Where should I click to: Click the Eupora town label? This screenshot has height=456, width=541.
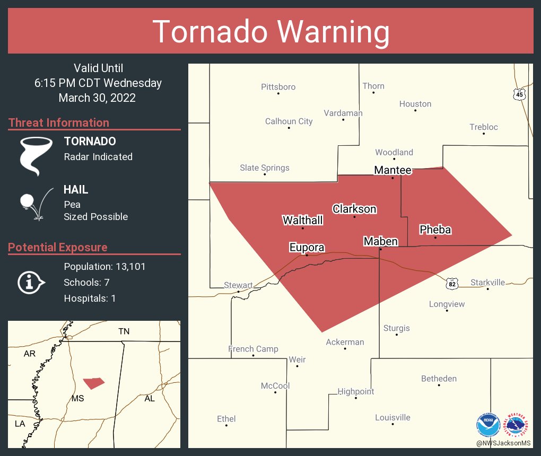[307, 247]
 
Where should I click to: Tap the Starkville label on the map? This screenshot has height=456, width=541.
[488, 283]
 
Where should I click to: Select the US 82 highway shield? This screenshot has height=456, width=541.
[452, 284]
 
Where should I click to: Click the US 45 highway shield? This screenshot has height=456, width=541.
[519, 94]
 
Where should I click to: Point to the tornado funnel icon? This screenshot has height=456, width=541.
[36, 155]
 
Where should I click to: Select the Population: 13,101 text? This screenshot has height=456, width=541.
[104, 266]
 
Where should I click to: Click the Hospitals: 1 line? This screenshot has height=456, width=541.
[90, 298]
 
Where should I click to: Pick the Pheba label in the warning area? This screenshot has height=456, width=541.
[435, 230]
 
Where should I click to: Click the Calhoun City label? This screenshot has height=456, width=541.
[289, 121]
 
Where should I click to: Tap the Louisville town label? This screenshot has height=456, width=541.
[392, 417]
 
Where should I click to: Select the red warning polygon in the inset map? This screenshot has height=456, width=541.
[93, 383]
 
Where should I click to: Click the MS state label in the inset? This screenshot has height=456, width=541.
[77, 398]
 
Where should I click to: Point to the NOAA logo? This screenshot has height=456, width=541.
[488, 425]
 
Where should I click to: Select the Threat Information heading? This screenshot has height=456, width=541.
[59, 122]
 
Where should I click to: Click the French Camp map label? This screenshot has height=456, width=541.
[253, 348]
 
